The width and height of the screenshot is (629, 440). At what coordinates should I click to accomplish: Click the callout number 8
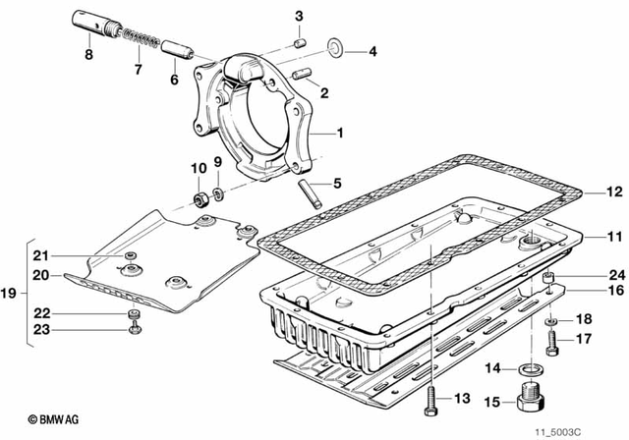click(87, 55)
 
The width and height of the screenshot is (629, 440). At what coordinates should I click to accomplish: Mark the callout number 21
click(40, 256)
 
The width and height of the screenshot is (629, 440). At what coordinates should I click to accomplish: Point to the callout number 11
click(588, 237)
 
